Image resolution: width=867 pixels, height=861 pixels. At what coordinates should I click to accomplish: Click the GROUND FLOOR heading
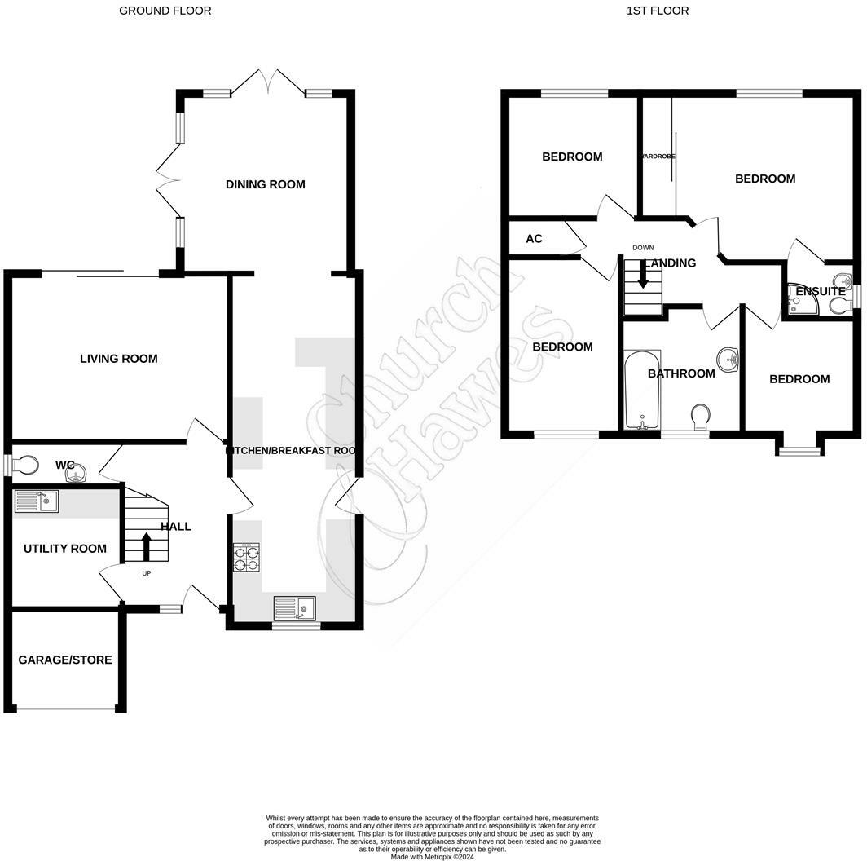[165, 11]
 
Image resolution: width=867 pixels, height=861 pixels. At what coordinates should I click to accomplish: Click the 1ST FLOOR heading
[657, 11]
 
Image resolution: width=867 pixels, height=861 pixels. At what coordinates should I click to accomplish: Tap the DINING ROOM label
[265, 184]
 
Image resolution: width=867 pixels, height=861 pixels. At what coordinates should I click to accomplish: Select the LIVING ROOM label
[118, 359]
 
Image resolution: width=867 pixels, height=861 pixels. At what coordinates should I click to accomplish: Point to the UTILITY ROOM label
[65, 549]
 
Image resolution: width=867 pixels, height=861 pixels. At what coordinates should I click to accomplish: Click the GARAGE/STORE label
[65, 660]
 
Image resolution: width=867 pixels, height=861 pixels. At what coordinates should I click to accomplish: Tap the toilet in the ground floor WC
[26, 465]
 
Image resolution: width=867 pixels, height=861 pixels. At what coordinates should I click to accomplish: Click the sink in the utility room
[37, 501]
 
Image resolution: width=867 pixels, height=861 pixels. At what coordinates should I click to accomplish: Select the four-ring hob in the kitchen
[246, 556]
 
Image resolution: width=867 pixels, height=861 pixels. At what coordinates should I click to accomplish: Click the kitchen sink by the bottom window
[295, 608]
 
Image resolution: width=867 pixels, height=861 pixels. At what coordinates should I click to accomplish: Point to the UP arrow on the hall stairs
[147, 545]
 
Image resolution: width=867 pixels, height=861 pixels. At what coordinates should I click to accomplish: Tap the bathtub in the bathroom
[641, 390]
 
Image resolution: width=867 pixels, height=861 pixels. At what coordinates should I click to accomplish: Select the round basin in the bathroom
[728, 358]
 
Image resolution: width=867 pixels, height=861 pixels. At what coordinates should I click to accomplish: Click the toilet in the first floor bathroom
[699, 417]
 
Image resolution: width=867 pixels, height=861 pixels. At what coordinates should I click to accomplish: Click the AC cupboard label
[534, 239]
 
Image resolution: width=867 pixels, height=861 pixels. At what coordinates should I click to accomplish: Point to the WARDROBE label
[658, 156]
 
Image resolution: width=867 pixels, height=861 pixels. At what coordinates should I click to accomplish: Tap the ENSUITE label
[820, 291]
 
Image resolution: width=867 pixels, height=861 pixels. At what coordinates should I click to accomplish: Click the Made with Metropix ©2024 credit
[433, 857]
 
